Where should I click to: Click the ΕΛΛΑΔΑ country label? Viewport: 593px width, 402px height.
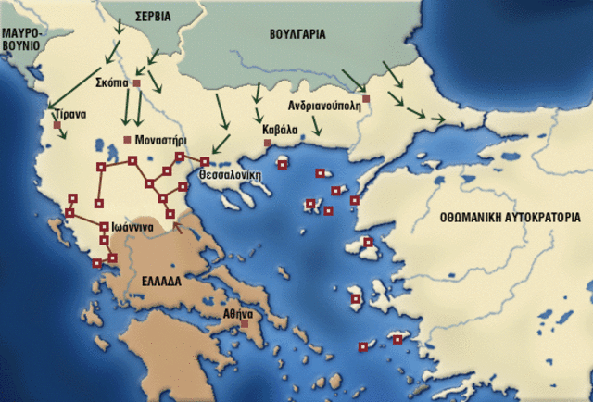(168, 280)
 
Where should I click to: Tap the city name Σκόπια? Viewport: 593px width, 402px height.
(112, 82)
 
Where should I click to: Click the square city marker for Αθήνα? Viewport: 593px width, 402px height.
(245, 325)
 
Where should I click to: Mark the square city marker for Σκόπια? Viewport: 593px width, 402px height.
(136, 83)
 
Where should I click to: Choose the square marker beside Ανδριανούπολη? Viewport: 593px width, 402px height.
(367, 98)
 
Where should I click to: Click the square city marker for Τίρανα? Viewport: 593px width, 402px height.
(57, 124)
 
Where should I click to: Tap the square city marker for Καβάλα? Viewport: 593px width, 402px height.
(267, 143)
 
